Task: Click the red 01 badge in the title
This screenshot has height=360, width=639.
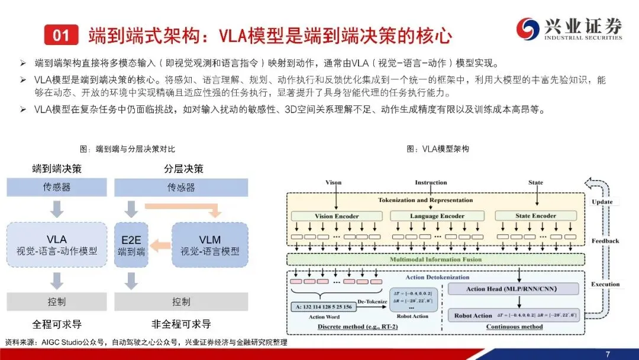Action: [x=62, y=36]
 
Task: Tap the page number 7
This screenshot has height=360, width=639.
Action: [x=608, y=353]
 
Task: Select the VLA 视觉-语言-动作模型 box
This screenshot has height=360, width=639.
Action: [x=57, y=245]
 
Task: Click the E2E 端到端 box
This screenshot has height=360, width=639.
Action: [x=131, y=245]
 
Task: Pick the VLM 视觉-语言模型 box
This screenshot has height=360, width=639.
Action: [x=209, y=245]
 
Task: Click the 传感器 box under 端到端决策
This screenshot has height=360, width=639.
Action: [x=57, y=188]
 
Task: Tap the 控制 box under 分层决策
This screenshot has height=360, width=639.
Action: [x=181, y=302]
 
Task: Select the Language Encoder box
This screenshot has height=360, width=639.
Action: [x=437, y=216]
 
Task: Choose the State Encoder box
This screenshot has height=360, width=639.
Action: [x=535, y=216]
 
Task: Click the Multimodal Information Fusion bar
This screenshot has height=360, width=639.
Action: [x=435, y=259]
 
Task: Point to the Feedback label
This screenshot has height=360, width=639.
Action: [x=605, y=241]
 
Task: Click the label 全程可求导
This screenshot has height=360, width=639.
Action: [x=57, y=324]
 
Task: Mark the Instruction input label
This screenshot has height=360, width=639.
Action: [x=431, y=182]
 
